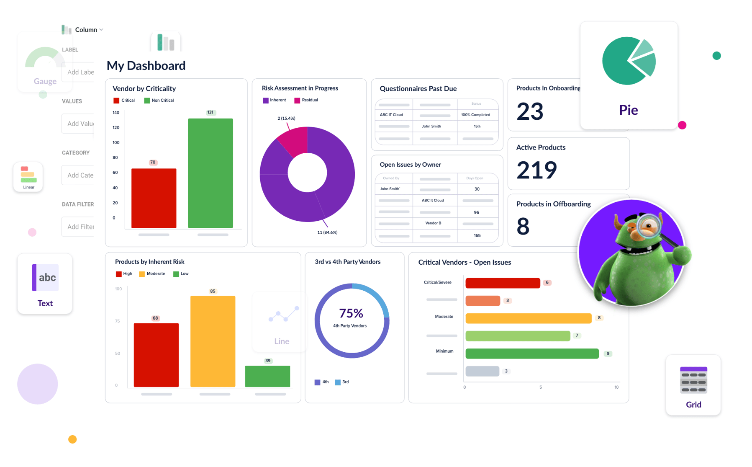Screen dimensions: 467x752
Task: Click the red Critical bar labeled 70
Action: [154, 198]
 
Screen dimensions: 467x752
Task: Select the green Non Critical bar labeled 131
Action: [210, 173]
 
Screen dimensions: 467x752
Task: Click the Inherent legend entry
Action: [274, 100]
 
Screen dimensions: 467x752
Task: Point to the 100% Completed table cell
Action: [475, 115]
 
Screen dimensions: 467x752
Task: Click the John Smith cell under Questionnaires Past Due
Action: [431, 126]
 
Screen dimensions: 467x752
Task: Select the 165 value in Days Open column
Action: [477, 235]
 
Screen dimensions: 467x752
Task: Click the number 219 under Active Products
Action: [536, 170]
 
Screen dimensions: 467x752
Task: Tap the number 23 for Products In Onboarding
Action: [530, 111]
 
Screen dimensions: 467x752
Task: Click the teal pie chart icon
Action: [629, 61]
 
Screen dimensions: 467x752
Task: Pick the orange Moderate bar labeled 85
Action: [213, 341]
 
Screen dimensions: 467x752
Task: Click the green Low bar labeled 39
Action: [267, 376]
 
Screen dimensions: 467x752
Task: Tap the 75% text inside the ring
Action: [351, 313]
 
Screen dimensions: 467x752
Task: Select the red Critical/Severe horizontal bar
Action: [503, 283]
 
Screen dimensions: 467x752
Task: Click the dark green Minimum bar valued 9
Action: [532, 354]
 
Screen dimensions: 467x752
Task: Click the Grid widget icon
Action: [693, 380]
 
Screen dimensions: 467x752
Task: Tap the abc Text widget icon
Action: [45, 277]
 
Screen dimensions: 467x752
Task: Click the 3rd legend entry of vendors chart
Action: [342, 382]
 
